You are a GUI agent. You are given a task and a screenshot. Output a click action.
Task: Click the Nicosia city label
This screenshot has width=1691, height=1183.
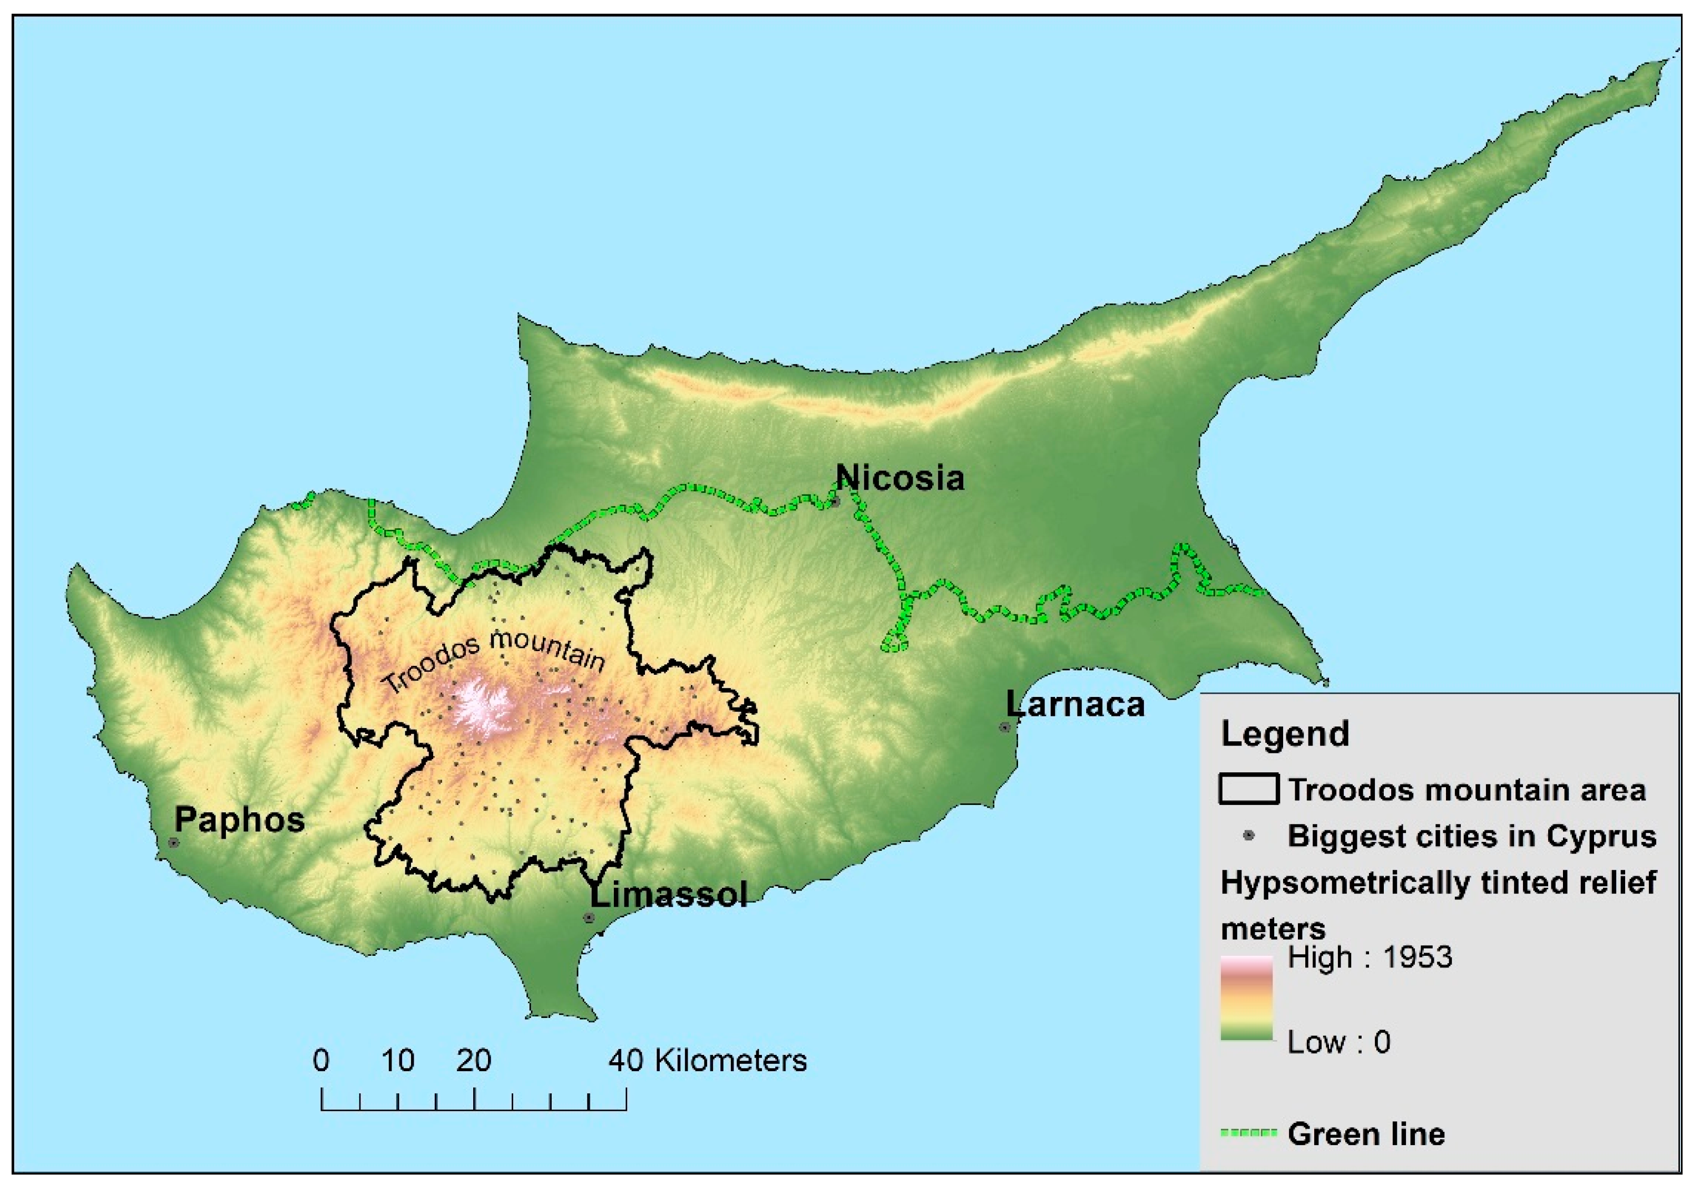[x=900, y=479]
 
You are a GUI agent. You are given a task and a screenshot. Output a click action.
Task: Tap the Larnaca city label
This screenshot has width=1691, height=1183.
[x=1076, y=705]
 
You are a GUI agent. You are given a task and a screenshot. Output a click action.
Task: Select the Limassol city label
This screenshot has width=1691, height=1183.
[x=669, y=895]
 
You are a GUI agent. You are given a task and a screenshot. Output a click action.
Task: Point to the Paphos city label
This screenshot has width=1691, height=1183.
[x=239, y=820]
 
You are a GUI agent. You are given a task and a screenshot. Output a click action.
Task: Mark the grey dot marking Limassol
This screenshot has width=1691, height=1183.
[x=589, y=918]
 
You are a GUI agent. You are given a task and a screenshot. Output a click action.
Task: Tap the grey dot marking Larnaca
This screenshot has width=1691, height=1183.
[x=1004, y=727]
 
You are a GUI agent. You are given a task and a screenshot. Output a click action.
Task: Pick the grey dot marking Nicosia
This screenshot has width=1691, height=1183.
[x=836, y=502]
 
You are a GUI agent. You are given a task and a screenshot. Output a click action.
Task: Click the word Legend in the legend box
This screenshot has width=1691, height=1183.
[x=1285, y=734]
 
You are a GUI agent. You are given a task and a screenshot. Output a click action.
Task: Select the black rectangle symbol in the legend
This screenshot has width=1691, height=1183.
[x=1248, y=789]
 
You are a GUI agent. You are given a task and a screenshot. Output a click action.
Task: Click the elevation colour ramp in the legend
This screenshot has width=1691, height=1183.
[x=1246, y=998]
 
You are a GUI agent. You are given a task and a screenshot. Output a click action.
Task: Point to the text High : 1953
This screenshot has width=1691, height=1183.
[x=1370, y=957]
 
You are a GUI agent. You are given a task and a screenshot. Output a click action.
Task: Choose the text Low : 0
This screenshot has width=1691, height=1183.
[x=1339, y=1042]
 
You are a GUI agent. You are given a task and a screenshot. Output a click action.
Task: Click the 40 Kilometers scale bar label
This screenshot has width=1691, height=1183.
[x=707, y=1061]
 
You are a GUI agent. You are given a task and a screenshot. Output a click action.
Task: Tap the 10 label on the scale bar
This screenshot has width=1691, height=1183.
[x=398, y=1061]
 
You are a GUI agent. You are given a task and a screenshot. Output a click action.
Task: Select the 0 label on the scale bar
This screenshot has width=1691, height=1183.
[x=321, y=1061]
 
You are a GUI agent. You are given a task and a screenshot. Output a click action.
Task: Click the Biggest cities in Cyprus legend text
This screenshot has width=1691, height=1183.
[x=1472, y=836]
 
